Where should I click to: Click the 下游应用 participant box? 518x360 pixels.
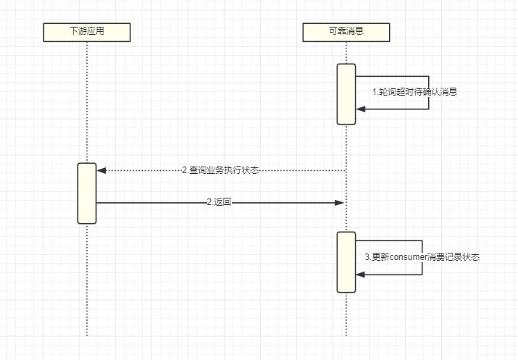pyautogui.click(x=86, y=32)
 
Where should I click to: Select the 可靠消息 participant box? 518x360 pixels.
pyautogui.click(x=346, y=32)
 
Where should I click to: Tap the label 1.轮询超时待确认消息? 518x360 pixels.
pyautogui.click(x=414, y=92)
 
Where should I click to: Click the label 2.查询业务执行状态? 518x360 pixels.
pyautogui.click(x=220, y=170)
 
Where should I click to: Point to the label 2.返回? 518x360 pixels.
pyautogui.click(x=219, y=203)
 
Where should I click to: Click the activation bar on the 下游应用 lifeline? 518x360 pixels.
pyautogui.click(x=87, y=193)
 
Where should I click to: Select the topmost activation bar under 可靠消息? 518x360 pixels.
pyautogui.click(x=346, y=93)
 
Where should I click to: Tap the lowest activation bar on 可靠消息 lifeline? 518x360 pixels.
pyautogui.click(x=346, y=261)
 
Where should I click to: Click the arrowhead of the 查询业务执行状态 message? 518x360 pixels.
pyautogui.click(x=101, y=170)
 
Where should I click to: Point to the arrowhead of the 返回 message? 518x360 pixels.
pyautogui.click(x=339, y=203)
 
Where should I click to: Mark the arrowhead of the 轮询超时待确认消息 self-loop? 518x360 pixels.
pyautogui.click(x=361, y=109)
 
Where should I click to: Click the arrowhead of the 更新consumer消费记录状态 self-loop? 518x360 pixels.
pyautogui.click(x=361, y=274)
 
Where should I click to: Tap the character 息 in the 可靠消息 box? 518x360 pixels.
pyautogui.click(x=361, y=32)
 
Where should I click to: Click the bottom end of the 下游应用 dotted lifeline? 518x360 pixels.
pyautogui.click(x=86, y=335)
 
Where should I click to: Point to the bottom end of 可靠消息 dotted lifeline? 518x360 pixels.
pyautogui.click(x=346, y=335)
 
